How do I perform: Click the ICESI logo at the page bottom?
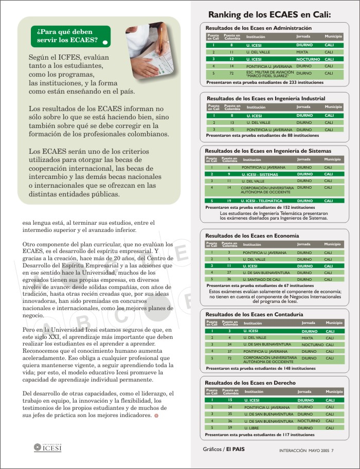click(47, 447)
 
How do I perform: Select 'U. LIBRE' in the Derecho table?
click(252, 428)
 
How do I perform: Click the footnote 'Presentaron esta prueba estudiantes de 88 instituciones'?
click(262, 135)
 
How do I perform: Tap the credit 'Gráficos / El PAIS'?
click(224, 449)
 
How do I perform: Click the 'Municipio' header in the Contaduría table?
click(333, 323)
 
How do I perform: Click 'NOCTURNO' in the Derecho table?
click(308, 421)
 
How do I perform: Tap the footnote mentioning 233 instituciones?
click(265, 82)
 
